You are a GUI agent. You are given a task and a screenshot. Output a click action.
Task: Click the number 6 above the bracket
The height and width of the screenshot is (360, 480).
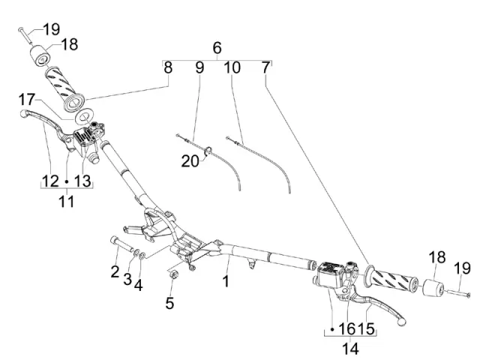pos(217,49)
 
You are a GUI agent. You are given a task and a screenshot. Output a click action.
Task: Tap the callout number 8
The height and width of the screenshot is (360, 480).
pos(168,67)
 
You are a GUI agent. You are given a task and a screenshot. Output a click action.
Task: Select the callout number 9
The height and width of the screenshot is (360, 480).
pos(199,67)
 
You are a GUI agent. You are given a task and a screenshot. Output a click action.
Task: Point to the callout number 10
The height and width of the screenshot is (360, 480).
pos(232,67)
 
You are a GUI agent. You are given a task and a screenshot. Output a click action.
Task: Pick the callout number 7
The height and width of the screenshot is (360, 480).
pos(265,67)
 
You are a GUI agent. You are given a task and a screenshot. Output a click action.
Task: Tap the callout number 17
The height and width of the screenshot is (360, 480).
pos(26,99)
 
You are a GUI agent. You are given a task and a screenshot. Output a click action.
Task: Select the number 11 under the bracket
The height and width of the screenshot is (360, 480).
pos(66,201)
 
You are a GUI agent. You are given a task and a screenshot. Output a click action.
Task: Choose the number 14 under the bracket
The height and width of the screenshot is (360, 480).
pos(349,349)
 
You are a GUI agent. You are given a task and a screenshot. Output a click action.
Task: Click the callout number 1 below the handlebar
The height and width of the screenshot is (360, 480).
pos(226,282)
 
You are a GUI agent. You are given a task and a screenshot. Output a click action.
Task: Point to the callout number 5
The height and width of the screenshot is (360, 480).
pos(169,303)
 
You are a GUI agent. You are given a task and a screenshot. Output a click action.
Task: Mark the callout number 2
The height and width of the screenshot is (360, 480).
pos(115,270)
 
